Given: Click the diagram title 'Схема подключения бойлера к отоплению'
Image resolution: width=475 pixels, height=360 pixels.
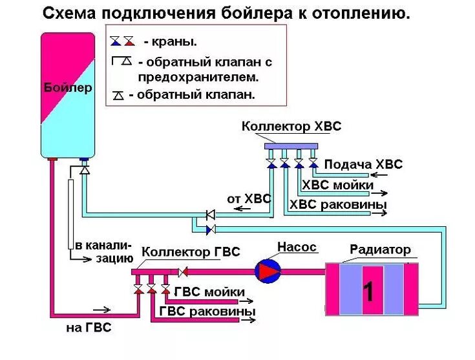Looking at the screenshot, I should point(226,13).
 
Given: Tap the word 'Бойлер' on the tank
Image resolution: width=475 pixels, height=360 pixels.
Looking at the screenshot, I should point(67,87).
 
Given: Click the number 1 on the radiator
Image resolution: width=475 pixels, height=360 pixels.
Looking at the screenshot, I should point(368,291).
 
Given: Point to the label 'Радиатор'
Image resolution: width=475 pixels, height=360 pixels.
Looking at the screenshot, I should point(380,249).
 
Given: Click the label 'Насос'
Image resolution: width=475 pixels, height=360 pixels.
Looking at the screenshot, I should point(297,247).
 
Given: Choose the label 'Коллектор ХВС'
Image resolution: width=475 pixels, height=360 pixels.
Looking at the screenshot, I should point(291,127).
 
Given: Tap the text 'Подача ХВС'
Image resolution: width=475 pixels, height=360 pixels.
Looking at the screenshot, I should point(363,164).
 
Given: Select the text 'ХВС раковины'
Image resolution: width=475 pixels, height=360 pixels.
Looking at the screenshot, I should point(338,205).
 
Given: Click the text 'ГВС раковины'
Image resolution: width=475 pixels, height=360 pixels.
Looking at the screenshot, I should point(207,312).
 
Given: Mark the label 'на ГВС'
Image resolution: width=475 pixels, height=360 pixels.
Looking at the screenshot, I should point(89,328).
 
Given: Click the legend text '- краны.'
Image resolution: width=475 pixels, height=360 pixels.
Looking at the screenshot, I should point(171,42).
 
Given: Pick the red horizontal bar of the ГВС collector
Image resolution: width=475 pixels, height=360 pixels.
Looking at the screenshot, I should point(153,271).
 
